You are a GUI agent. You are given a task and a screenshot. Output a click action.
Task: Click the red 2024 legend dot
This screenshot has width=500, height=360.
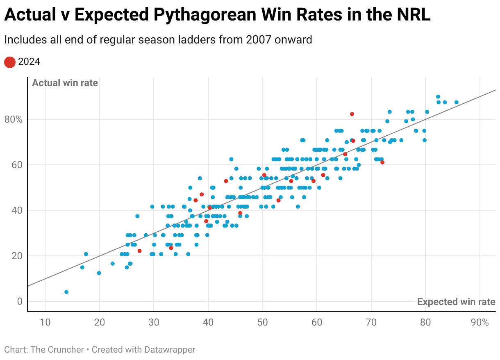10,62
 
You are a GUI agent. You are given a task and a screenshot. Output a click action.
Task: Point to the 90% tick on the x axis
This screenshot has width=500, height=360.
480,322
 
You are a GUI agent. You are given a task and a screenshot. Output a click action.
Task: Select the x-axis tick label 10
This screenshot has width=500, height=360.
45,322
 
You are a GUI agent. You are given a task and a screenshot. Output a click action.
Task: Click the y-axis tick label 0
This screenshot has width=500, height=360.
19,301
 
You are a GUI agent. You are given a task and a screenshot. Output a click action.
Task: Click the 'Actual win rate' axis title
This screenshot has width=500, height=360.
65,83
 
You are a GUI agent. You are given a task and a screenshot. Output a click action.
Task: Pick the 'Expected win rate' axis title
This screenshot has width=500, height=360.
456,302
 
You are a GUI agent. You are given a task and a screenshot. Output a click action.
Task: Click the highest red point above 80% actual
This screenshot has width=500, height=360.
352,114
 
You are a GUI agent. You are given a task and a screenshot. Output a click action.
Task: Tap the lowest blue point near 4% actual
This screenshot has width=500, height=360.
66,292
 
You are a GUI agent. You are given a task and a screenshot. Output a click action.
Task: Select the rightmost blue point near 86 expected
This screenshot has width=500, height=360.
457,102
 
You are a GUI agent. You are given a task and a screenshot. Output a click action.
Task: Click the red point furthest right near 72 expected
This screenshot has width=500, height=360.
382,162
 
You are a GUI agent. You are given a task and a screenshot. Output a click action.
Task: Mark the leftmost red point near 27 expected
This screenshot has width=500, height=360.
139,251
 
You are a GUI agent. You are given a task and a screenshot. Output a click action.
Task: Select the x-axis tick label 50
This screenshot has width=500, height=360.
262,322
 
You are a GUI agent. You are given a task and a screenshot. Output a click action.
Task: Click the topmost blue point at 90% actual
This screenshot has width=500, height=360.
438,97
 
